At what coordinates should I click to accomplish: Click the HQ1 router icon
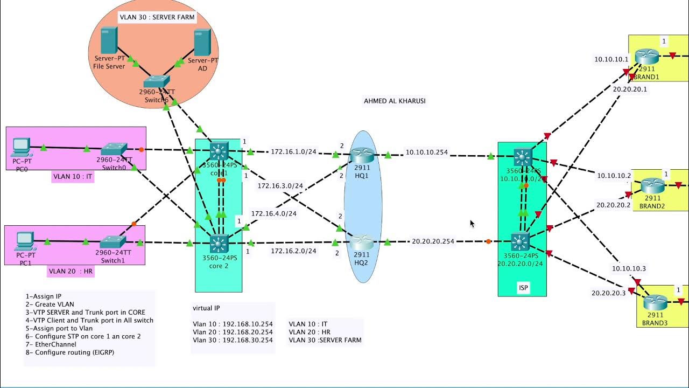362,155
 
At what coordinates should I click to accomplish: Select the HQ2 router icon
362,242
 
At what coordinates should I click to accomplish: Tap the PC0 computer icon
21,145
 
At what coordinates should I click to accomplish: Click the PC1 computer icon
25,239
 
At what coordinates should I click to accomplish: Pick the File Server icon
109,39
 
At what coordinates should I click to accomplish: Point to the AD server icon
202,43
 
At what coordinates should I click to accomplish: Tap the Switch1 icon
113,242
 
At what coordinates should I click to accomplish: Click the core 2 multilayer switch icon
219,244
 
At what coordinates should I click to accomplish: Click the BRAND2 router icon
652,186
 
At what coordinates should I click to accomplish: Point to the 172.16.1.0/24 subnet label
293,152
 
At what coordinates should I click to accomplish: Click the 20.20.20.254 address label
433,241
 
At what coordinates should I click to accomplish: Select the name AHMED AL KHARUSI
395,101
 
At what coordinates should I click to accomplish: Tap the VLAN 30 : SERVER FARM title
157,17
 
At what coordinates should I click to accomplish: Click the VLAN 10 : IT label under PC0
73,176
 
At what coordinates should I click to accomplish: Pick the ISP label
523,288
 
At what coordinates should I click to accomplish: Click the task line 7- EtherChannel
51,344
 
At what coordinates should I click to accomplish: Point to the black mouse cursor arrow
472,223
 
